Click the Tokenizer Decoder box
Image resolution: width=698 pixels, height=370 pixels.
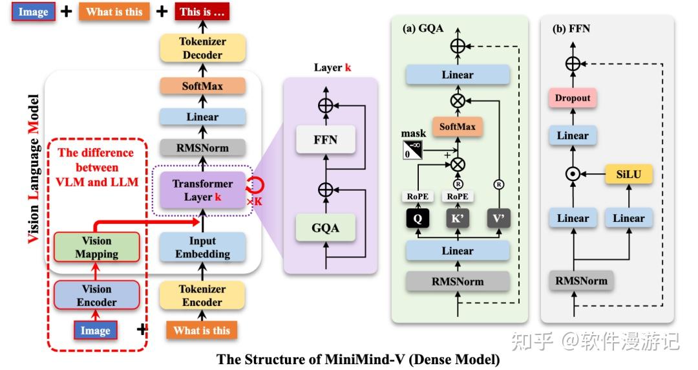(x=202, y=49)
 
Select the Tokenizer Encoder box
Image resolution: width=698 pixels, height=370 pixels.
(x=202, y=296)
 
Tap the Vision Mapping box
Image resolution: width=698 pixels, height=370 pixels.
(x=96, y=248)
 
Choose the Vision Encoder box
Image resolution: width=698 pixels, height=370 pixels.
(x=96, y=296)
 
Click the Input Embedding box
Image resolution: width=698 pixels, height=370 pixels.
(x=202, y=248)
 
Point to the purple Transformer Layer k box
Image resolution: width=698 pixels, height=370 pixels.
(x=202, y=190)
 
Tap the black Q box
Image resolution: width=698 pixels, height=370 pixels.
(x=418, y=219)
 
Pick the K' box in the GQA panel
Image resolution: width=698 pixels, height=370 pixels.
(x=458, y=219)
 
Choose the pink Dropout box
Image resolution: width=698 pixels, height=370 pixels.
(x=573, y=98)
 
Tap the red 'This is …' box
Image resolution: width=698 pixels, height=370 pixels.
(x=203, y=12)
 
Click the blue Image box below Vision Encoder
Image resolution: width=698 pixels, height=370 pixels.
(x=96, y=331)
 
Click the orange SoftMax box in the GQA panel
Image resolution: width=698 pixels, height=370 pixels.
(x=458, y=127)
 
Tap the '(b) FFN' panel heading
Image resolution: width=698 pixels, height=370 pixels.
(x=571, y=28)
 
